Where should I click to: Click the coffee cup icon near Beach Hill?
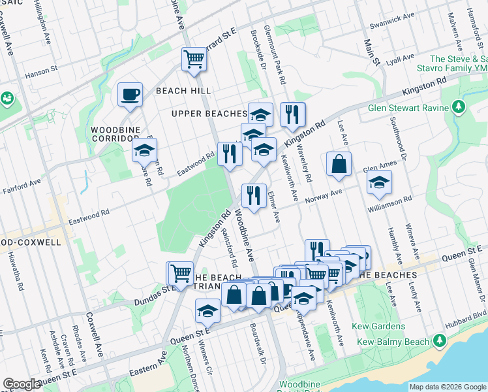[x=130, y=94]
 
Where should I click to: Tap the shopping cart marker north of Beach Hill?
[x=194, y=59]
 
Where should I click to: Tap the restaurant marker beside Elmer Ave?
[x=253, y=195]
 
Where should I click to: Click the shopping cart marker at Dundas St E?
[x=181, y=272]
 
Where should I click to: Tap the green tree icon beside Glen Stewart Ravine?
[x=459, y=106]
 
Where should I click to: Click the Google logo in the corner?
[x=22, y=384]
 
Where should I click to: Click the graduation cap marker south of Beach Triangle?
[x=207, y=311]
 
